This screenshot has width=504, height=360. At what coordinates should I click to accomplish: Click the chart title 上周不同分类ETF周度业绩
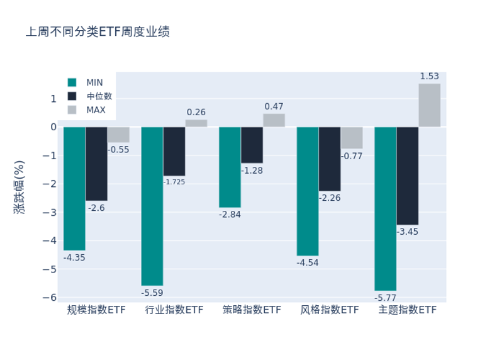tap(98, 32)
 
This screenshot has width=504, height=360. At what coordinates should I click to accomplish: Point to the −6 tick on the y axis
tap(51, 298)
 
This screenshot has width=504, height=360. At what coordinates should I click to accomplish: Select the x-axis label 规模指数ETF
tap(97, 310)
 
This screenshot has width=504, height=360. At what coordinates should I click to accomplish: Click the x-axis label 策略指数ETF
tap(252, 310)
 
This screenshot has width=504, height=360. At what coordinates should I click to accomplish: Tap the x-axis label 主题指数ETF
tap(407, 310)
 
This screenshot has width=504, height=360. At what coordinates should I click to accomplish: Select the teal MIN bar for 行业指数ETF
tap(152, 206)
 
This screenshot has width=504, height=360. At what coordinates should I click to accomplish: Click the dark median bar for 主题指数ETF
tap(407, 176)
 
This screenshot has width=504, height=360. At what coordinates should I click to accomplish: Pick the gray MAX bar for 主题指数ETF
tap(429, 105)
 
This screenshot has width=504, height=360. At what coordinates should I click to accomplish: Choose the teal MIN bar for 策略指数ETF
tap(230, 167)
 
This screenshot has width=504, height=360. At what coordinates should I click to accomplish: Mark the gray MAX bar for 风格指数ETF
tap(352, 138)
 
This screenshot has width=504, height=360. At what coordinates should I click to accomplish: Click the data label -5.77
tap(385, 298)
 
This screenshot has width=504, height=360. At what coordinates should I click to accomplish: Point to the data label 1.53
tap(429, 77)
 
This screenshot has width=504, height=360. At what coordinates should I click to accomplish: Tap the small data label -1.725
tap(174, 182)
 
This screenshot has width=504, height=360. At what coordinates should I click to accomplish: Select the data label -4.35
tap(74, 257)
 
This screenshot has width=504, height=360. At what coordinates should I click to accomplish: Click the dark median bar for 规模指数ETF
tap(96, 164)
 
